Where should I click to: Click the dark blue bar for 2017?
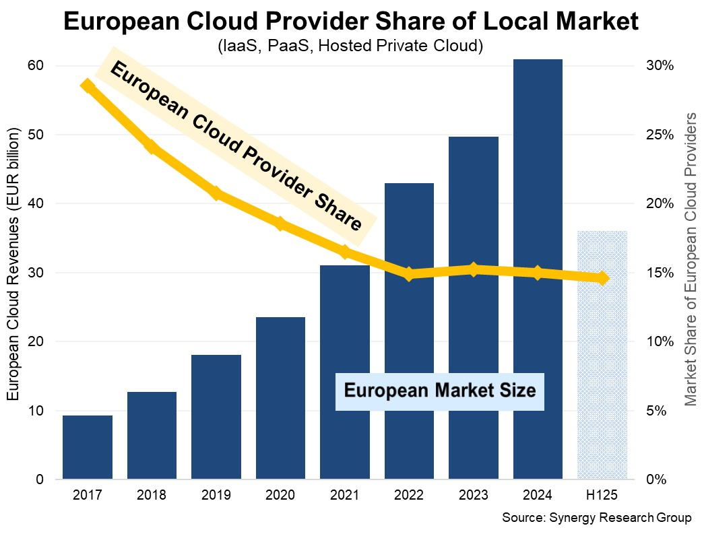(x=88, y=447)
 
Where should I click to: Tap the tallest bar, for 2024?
(x=538, y=269)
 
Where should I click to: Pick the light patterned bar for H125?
(x=602, y=355)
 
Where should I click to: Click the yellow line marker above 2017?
(x=88, y=86)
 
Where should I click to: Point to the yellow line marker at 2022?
(x=409, y=274)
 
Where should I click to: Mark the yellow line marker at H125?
(x=602, y=278)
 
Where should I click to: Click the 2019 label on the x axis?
(x=216, y=496)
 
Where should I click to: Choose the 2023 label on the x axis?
(x=474, y=496)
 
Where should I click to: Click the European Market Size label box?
(x=439, y=390)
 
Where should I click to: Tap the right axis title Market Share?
(x=690, y=259)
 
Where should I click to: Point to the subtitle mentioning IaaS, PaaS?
(x=350, y=46)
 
